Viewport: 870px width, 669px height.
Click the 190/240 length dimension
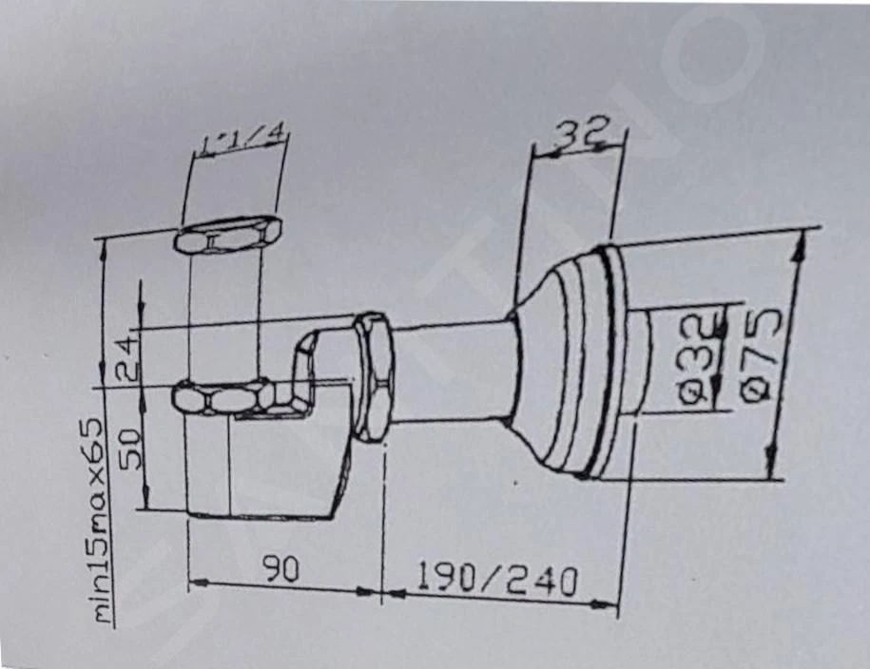pos(496,579)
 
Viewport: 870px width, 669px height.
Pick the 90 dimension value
pos(281,569)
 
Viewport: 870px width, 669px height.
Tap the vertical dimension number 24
pos(127,358)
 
